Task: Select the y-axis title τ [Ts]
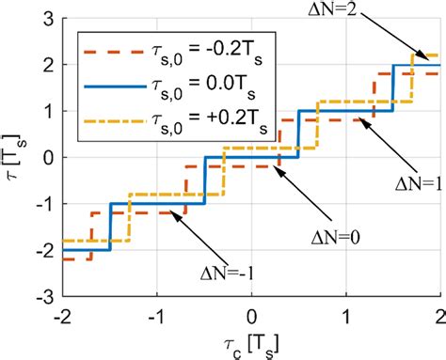tap(16, 156)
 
